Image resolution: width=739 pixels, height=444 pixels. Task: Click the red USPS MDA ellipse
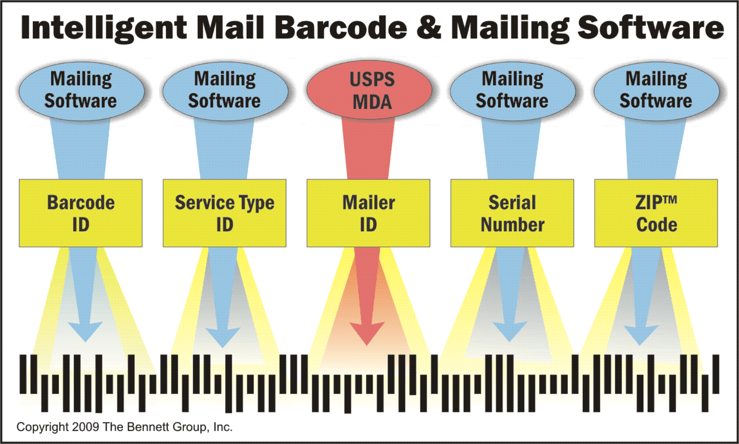pos(369,90)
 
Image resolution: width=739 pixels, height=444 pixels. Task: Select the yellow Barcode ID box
pos(81,213)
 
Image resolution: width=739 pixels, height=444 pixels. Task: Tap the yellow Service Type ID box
pos(225,213)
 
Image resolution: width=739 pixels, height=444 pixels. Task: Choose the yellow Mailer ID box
pos(368,213)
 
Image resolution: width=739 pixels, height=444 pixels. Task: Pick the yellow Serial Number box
pos(512,213)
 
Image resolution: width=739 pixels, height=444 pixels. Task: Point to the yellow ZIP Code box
pos(656,213)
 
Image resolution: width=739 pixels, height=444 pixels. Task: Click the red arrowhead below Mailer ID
pos(367,333)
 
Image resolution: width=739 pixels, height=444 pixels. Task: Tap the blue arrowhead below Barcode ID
pos(85,331)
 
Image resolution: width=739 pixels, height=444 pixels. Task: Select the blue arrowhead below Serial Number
pos(510,331)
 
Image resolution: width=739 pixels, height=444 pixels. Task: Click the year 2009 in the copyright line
pos(86,427)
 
